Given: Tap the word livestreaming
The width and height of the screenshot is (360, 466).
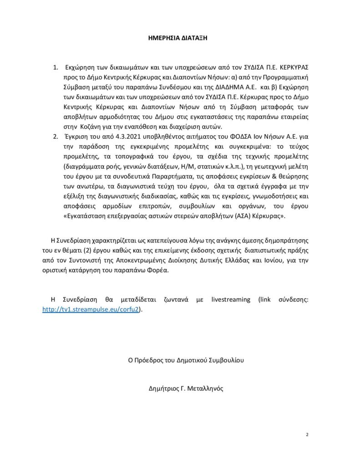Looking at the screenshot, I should [231, 299].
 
